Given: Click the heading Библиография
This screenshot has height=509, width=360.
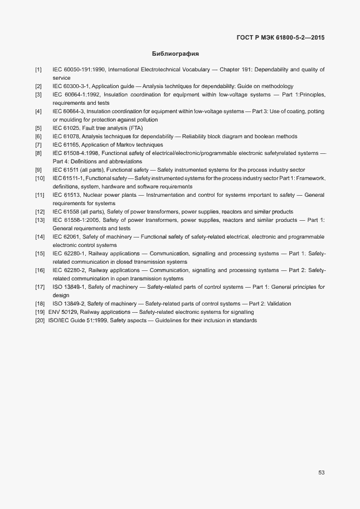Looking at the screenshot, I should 176,54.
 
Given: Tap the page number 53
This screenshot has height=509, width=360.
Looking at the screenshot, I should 322,473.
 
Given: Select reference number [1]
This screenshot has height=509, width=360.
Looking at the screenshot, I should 38,70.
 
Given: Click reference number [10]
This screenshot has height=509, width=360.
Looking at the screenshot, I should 40,178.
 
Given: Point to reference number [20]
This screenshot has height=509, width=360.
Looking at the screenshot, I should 40,321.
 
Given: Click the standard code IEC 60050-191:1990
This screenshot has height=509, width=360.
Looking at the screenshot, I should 79,70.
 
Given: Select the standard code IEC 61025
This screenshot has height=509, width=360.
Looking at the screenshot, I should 67,128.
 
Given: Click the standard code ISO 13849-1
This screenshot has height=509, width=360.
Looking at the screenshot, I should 69,287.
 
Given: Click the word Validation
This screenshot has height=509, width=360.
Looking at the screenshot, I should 277,304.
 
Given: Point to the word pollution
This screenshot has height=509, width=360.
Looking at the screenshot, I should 145,120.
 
